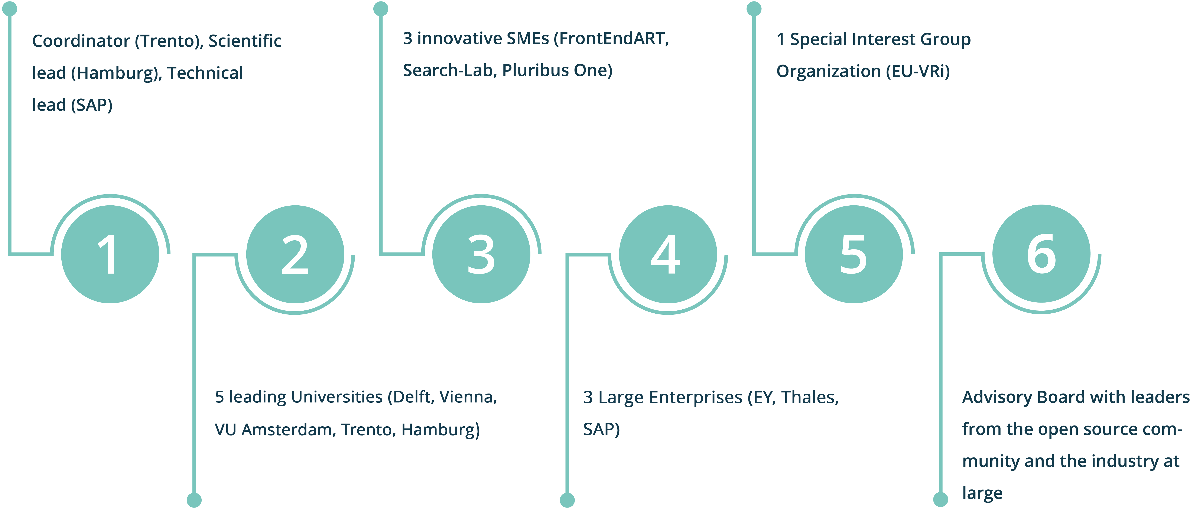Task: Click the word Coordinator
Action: [81, 41]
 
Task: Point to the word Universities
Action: [337, 397]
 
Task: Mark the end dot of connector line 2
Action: [194, 500]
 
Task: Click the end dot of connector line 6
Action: [940, 499]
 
